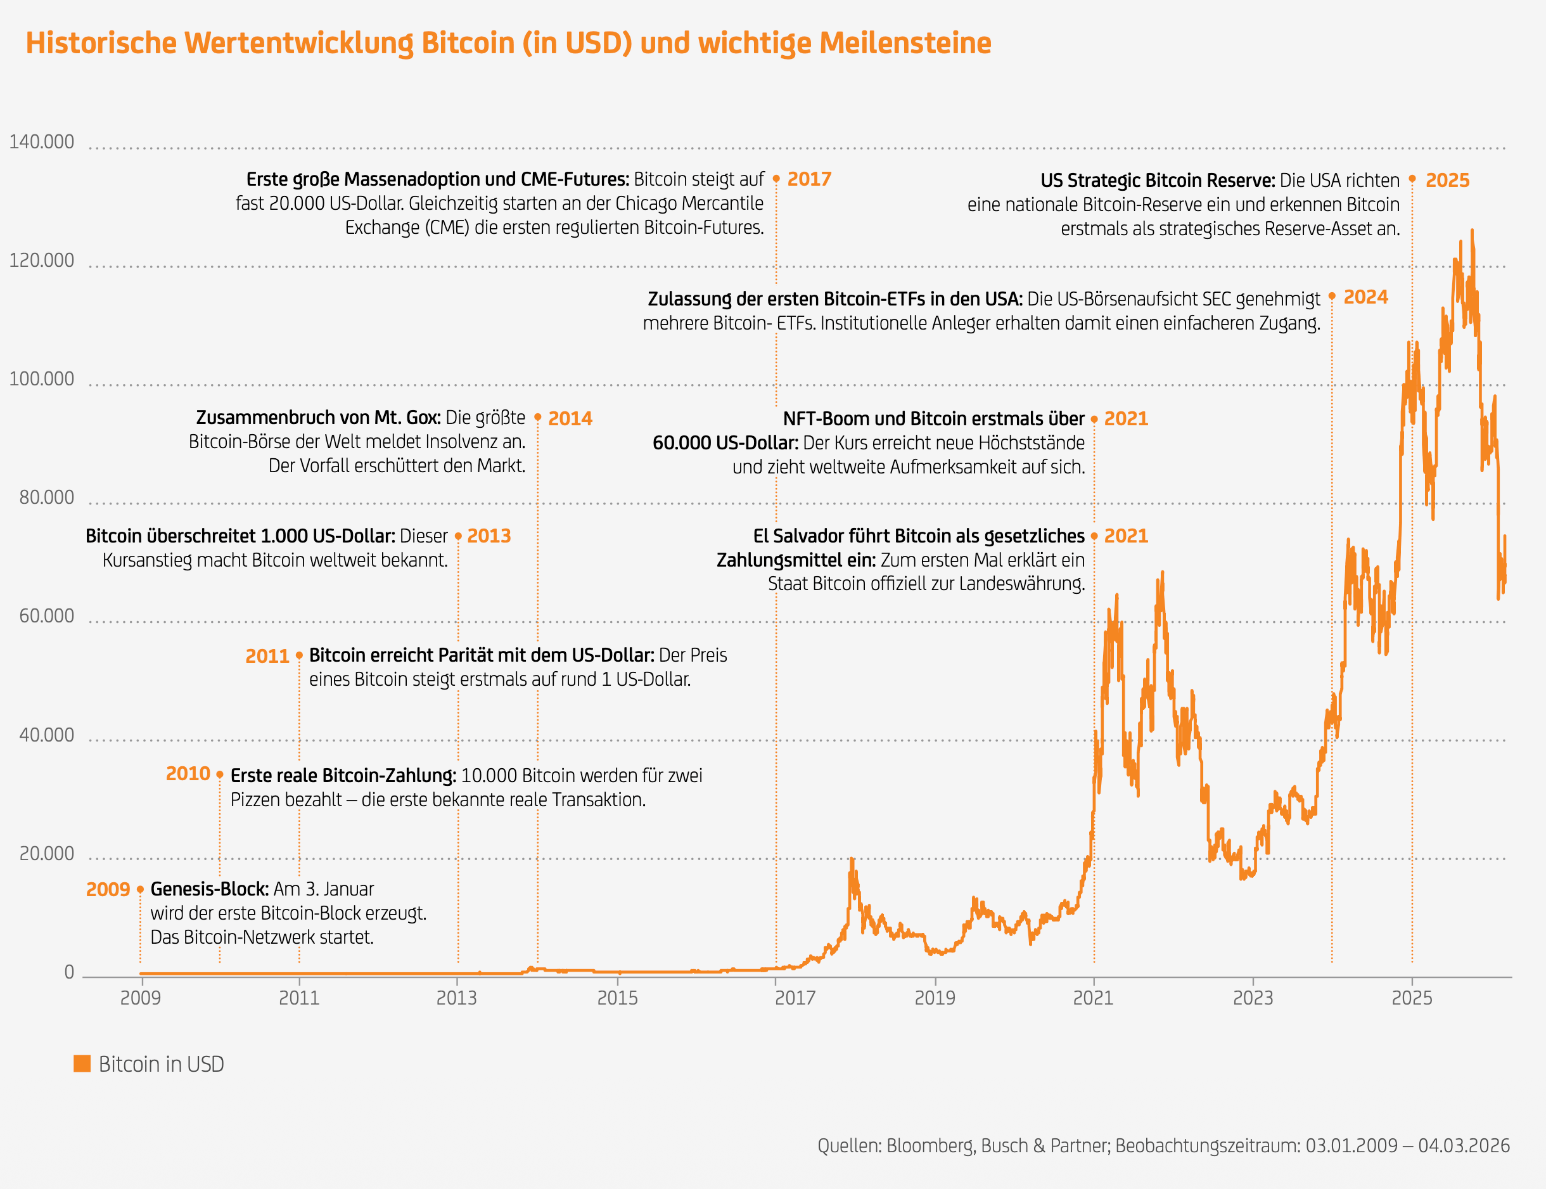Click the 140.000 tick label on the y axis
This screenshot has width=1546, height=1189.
[x=41, y=142]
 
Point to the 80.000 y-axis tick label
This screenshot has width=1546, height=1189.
[x=46, y=498]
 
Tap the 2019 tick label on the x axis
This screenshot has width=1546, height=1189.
[x=935, y=998]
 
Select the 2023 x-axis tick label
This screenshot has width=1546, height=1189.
[x=1253, y=998]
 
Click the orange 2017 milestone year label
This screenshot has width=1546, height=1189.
[x=810, y=179]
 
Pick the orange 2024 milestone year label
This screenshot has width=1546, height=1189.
[x=1365, y=297]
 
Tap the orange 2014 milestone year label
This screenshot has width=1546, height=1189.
[x=570, y=418]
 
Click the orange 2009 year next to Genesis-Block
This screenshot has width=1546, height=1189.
[x=108, y=890]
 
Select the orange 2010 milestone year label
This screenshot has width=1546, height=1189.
[x=188, y=774]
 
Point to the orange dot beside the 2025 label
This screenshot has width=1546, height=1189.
[x=1412, y=179]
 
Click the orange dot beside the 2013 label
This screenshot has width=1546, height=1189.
[x=459, y=536]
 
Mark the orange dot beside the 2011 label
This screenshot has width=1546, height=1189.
[x=299, y=655]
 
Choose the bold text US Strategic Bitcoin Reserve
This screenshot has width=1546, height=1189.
[x=1158, y=181]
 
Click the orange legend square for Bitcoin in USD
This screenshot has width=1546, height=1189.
[x=82, y=1064]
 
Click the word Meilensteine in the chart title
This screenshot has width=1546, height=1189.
[x=905, y=43]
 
